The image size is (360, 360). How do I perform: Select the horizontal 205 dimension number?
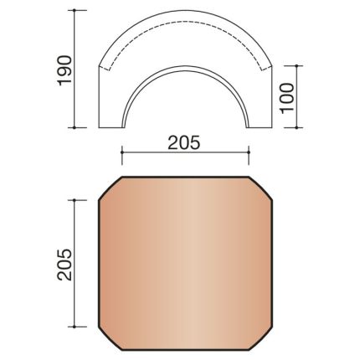tap(186, 143)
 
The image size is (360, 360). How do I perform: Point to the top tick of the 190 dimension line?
tap(76, 10)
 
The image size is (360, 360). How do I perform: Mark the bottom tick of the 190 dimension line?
tap(76, 128)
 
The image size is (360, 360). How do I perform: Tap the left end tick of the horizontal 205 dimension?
tap(122, 152)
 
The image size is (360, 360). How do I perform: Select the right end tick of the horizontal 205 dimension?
tap(250, 152)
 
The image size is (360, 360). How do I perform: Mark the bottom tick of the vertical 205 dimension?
tap(76, 327)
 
